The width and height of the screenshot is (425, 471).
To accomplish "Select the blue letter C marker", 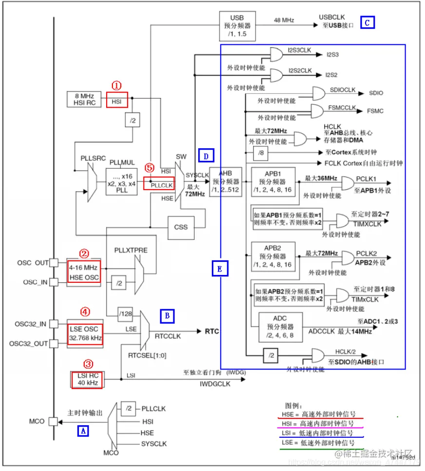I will point(367,22).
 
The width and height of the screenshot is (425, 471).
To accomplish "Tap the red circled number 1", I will point(116,86).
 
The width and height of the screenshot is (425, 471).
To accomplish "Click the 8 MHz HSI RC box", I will point(84,99).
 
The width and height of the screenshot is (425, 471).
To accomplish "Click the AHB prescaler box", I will point(225,182).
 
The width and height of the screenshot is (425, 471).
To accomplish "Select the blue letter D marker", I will point(206,156).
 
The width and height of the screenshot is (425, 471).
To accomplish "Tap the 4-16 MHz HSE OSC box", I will point(83,273).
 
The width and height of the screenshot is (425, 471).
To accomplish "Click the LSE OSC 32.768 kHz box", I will point(85,333).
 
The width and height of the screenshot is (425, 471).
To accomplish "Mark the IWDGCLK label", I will point(215,384).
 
